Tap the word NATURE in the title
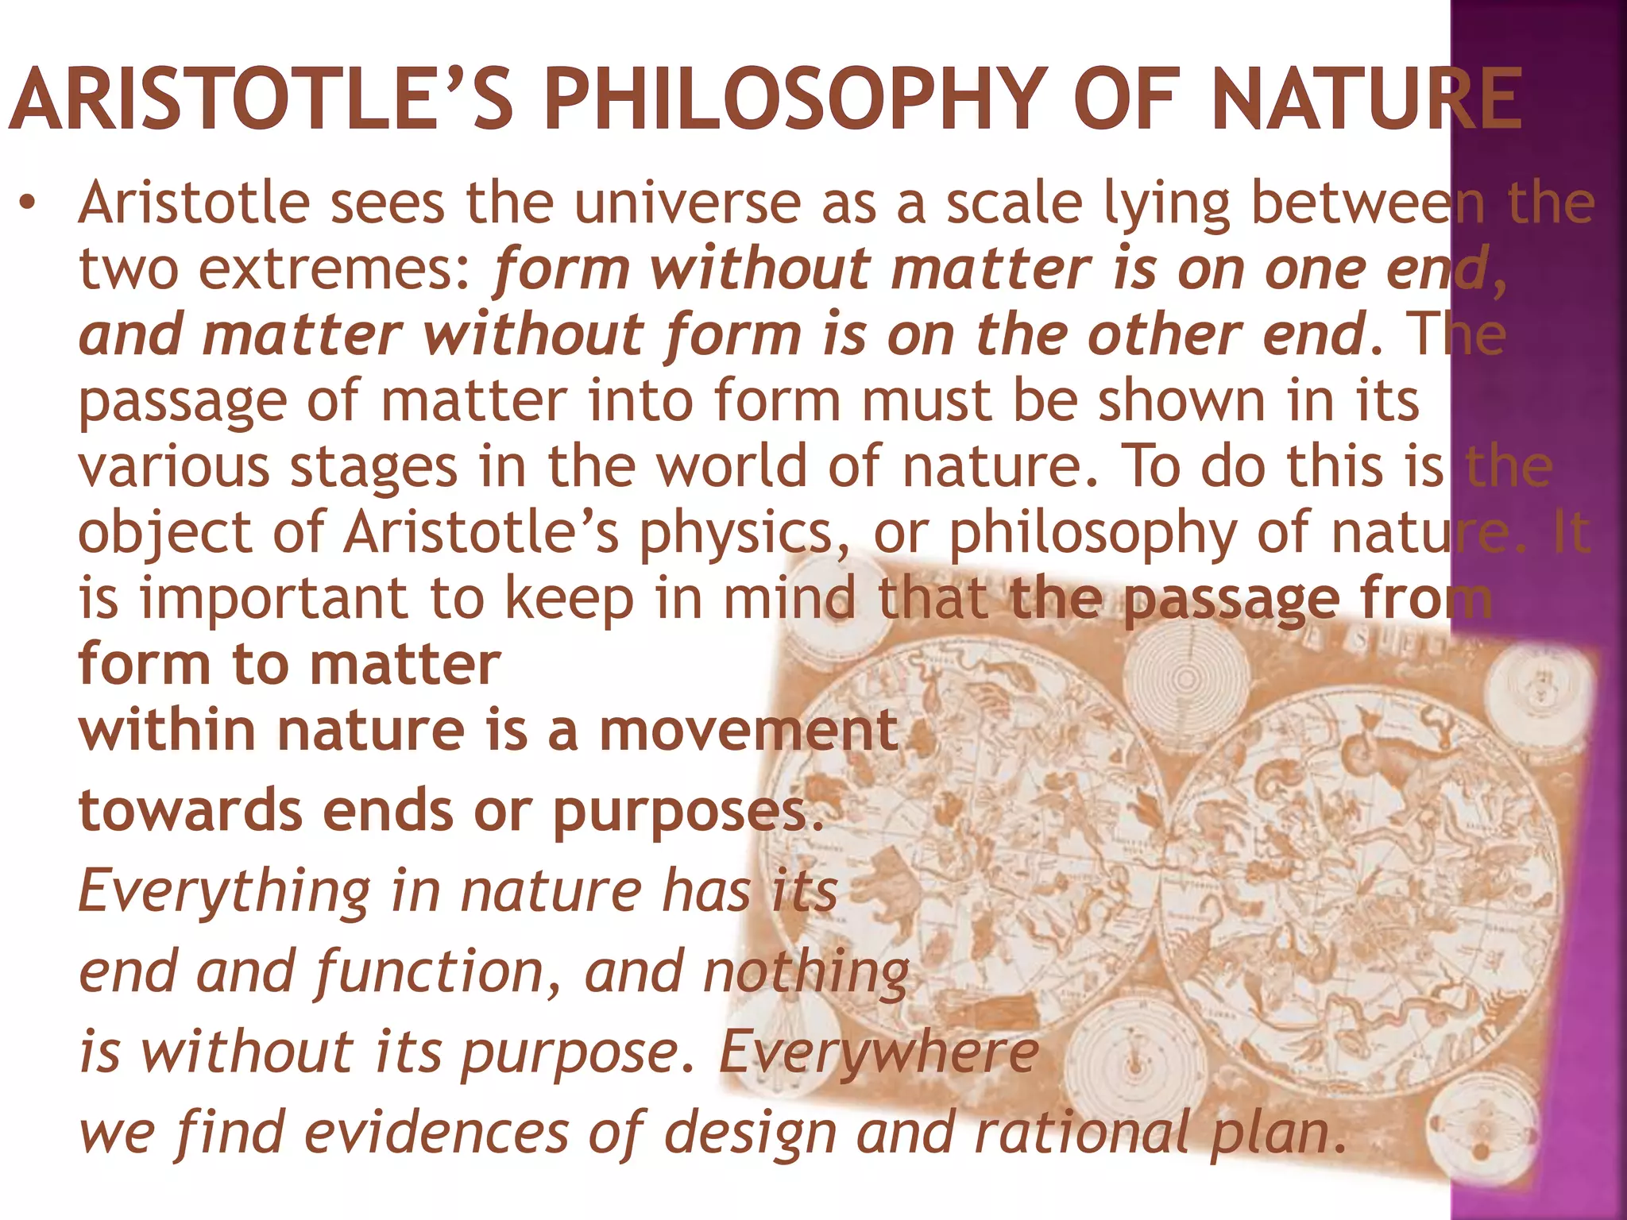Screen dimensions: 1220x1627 [1366, 99]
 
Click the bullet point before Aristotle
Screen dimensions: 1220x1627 [29, 203]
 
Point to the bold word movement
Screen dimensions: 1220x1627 [749, 731]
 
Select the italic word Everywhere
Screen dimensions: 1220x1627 [879, 1053]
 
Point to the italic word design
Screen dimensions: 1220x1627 [751, 1133]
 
